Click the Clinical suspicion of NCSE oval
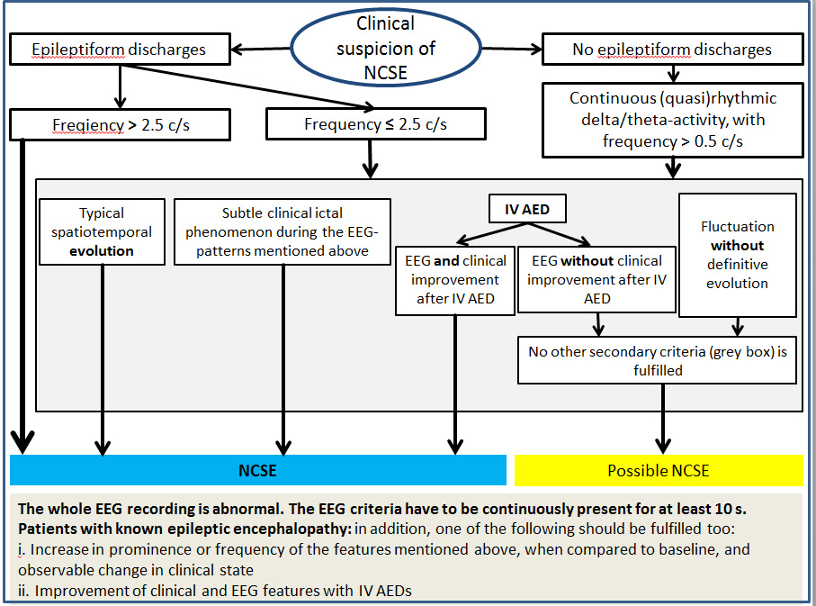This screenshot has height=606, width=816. pyautogui.click(x=385, y=48)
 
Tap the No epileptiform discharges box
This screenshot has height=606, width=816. pyautogui.click(x=671, y=50)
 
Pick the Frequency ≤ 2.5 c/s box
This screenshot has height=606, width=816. pyautogui.click(x=376, y=124)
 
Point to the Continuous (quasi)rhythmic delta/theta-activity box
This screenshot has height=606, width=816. pyautogui.click(x=672, y=120)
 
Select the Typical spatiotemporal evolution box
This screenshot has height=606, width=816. pyautogui.click(x=102, y=232)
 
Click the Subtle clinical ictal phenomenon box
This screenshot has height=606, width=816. pyautogui.click(x=282, y=232)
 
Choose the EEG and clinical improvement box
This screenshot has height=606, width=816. pyautogui.click(x=455, y=280)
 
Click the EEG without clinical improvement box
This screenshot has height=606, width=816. pyautogui.click(x=596, y=279)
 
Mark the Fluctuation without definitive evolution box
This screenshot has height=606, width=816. pyautogui.click(x=737, y=255)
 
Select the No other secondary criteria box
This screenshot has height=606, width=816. pyautogui.click(x=657, y=360)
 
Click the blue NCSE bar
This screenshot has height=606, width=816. pyautogui.click(x=257, y=470)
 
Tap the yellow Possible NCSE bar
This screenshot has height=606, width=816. pyautogui.click(x=658, y=470)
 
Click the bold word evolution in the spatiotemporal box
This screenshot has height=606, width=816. pyautogui.click(x=102, y=251)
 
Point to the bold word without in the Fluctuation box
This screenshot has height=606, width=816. pyautogui.click(x=737, y=245)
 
